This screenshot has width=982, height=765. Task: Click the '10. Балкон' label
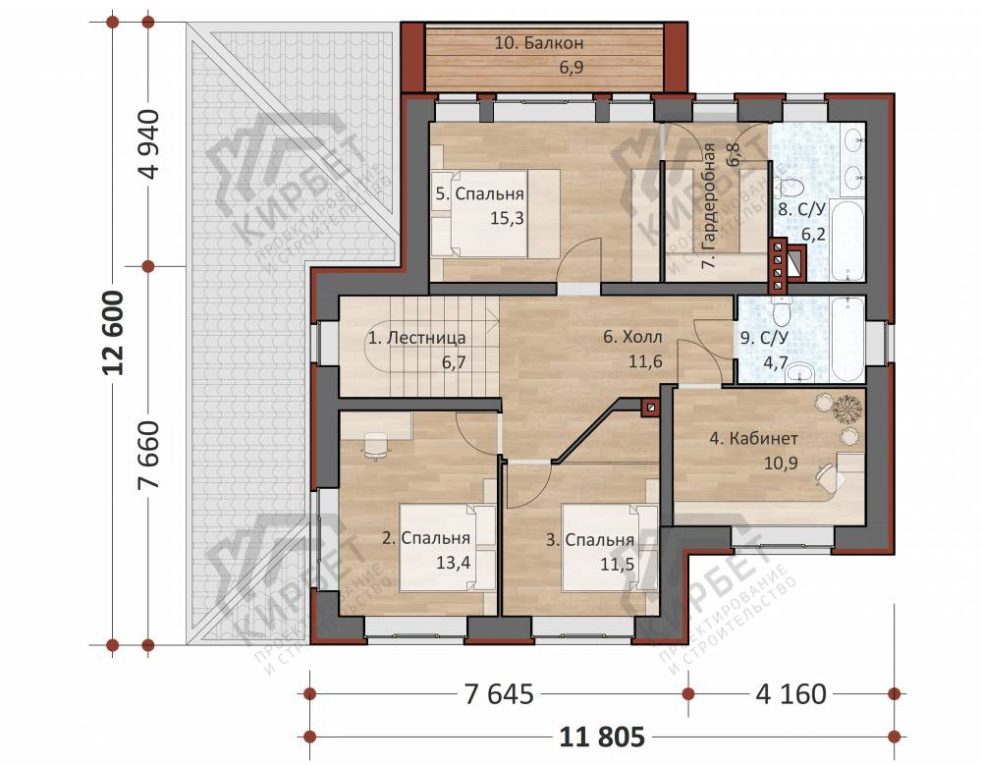(538, 42)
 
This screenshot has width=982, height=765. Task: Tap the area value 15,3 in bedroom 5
(507, 219)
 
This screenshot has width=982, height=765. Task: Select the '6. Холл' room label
(631, 337)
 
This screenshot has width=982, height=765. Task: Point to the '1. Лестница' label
(416, 338)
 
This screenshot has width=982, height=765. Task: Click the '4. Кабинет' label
(753, 438)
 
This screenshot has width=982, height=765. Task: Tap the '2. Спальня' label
(426, 537)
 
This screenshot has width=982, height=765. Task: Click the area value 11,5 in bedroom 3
(618, 565)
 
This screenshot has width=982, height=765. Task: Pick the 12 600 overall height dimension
(115, 333)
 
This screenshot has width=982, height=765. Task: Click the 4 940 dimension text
(150, 144)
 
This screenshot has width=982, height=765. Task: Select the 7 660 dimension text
(150, 456)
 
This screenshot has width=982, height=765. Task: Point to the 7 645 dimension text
(499, 694)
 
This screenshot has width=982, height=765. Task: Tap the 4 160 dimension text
(791, 694)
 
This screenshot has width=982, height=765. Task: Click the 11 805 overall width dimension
(601, 737)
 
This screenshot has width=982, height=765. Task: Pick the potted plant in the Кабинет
(846, 410)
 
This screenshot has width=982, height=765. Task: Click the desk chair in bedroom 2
(375, 446)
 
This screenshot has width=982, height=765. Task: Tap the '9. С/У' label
(763, 338)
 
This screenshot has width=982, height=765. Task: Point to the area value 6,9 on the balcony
(572, 67)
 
